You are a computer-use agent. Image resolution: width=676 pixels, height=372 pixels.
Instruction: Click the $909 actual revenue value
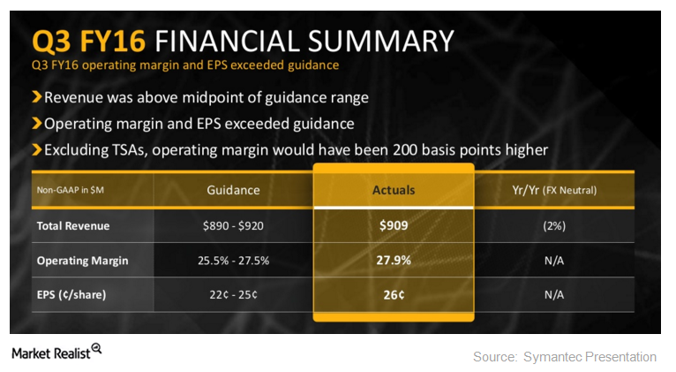[x=394, y=225]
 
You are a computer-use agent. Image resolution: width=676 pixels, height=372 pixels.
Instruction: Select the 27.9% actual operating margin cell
[x=394, y=261]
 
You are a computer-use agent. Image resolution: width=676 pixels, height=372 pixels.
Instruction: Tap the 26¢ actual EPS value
[x=394, y=295]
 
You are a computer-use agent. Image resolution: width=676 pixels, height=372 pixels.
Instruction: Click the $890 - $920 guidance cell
[x=233, y=225]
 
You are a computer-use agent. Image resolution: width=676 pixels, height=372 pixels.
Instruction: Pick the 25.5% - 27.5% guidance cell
[x=233, y=261]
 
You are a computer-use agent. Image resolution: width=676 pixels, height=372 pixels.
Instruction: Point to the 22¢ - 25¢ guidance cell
[x=233, y=295]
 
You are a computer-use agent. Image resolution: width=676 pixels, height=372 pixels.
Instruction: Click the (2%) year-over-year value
[x=554, y=225]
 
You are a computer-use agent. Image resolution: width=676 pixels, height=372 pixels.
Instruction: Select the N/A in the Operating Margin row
[x=554, y=261]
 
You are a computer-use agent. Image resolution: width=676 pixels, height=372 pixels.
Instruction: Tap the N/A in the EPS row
[x=554, y=295]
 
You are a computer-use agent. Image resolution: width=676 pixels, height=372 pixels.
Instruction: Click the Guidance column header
[x=233, y=190]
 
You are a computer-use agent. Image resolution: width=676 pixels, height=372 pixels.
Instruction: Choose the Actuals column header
[x=394, y=190]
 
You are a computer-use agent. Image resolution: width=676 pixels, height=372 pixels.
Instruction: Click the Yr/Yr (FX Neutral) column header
[x=554, y=190]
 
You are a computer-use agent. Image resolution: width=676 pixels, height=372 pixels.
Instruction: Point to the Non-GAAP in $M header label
[x=71, y=190]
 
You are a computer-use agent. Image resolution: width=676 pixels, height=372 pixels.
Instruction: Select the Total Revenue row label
[x=73, y=225]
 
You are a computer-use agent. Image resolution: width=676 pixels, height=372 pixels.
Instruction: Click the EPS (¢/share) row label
[x=71, y=295]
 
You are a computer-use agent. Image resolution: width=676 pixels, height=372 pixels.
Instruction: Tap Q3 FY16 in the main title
[x=89, y=42]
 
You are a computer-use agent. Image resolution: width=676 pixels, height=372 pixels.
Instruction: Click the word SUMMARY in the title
[x=380, y=42]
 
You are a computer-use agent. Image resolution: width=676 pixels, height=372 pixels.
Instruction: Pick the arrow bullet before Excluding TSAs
[x=37, y=149]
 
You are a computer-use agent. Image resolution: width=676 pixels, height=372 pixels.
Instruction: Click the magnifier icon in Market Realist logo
[x=96, y=349]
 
